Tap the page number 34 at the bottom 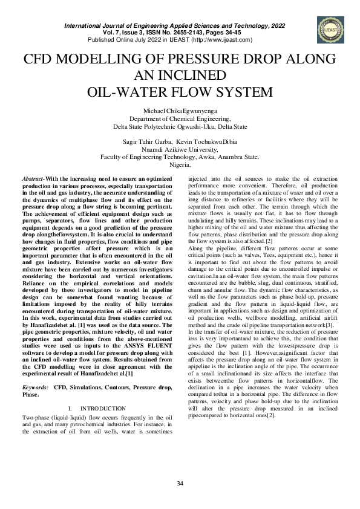pyautogui.click(x=180, y=482)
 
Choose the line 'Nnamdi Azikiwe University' pyautogui.click(x=180, y=149)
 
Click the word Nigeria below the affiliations pyautogui.click(x=180, y=164)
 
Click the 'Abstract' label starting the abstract pyautogui.click(x=34, y=180)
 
